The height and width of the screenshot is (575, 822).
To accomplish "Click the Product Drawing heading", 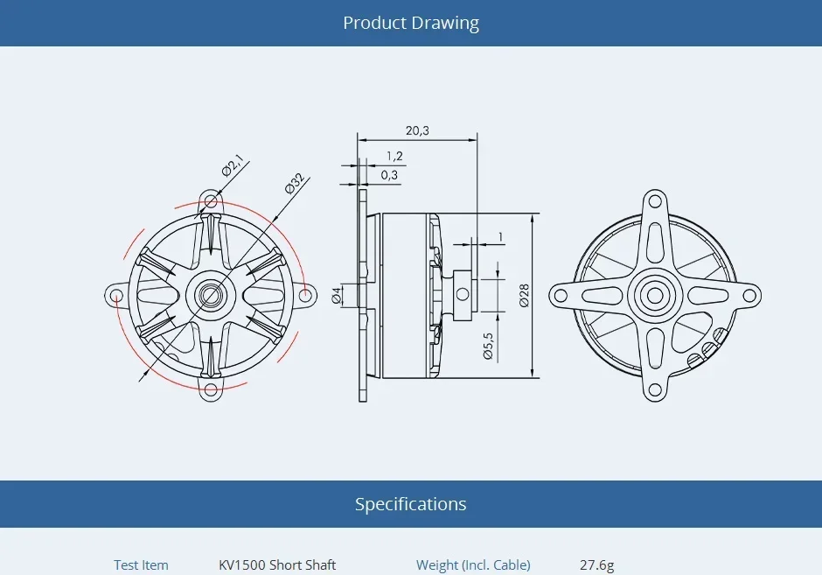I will pos(410,23).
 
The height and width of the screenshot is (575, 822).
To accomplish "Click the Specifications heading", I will pos(410,504).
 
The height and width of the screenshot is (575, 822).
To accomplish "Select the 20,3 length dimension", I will pos(417,130).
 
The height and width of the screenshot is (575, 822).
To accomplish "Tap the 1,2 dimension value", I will pos(394,156).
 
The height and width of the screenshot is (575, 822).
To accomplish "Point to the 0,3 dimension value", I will pos(389,175).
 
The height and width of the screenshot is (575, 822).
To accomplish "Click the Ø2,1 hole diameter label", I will pos(232,165).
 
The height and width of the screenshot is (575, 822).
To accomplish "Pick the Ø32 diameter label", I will pos(294,183).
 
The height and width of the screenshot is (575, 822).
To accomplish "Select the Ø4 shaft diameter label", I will pos(337,295).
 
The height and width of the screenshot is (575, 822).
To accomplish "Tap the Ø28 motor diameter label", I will pos(523,295).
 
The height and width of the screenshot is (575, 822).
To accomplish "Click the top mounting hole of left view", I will pos(210,200).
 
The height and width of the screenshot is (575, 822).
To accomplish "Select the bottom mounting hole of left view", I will pos(210,390).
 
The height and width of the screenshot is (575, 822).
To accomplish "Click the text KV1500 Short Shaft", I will pos(277,565).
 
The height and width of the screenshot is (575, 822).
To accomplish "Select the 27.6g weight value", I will pos(596,565).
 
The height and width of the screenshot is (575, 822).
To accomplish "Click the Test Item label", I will pos(141,565).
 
